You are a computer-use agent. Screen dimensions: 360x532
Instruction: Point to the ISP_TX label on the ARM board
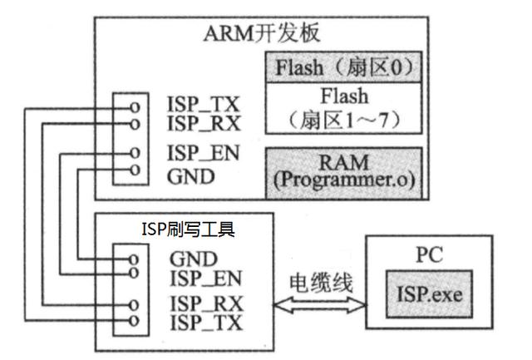[x=203, y=105]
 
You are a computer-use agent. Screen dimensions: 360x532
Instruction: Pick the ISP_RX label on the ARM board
[x=203, y=125]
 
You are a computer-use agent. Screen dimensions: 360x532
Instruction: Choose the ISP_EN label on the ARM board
[x=203, y=155]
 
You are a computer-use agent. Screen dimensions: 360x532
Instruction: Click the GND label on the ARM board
[x=191, y=175]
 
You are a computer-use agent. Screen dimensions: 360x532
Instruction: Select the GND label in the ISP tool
[x=193, y=259]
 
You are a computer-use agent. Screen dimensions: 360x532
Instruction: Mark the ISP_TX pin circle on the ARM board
[x=134, y=107]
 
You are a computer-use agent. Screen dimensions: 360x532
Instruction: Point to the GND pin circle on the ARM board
[x=134, y=171]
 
